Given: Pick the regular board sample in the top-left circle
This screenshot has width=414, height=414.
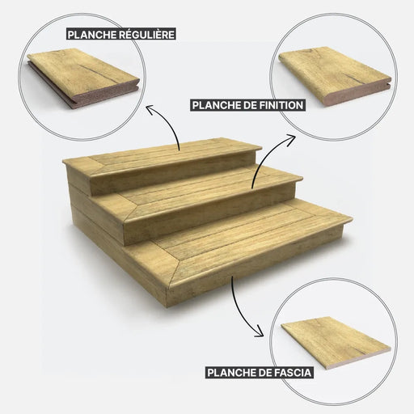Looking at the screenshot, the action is [83, 78].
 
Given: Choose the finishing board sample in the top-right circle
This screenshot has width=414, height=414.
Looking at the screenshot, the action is [335, 75].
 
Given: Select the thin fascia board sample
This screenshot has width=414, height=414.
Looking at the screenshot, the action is [336, 342].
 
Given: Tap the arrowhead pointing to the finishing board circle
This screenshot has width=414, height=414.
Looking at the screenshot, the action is [291, 139].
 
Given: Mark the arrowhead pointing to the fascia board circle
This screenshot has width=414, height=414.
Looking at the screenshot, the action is [260, 332].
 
